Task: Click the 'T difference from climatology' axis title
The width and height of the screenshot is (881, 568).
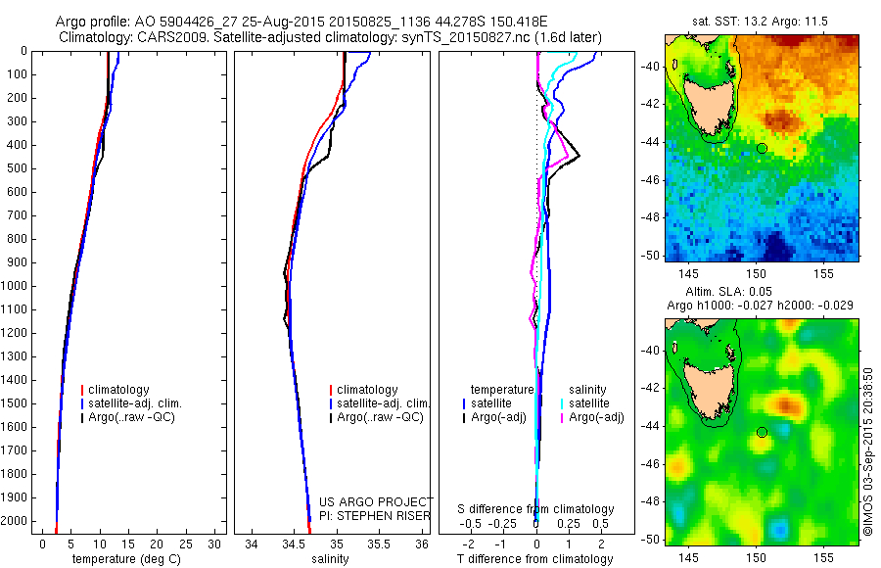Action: click(535, 559)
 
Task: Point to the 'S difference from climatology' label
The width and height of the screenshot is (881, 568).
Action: click(536, 509)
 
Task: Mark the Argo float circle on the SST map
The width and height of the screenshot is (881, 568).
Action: click(762, 148)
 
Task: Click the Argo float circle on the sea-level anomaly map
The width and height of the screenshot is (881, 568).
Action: click(762, 432)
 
